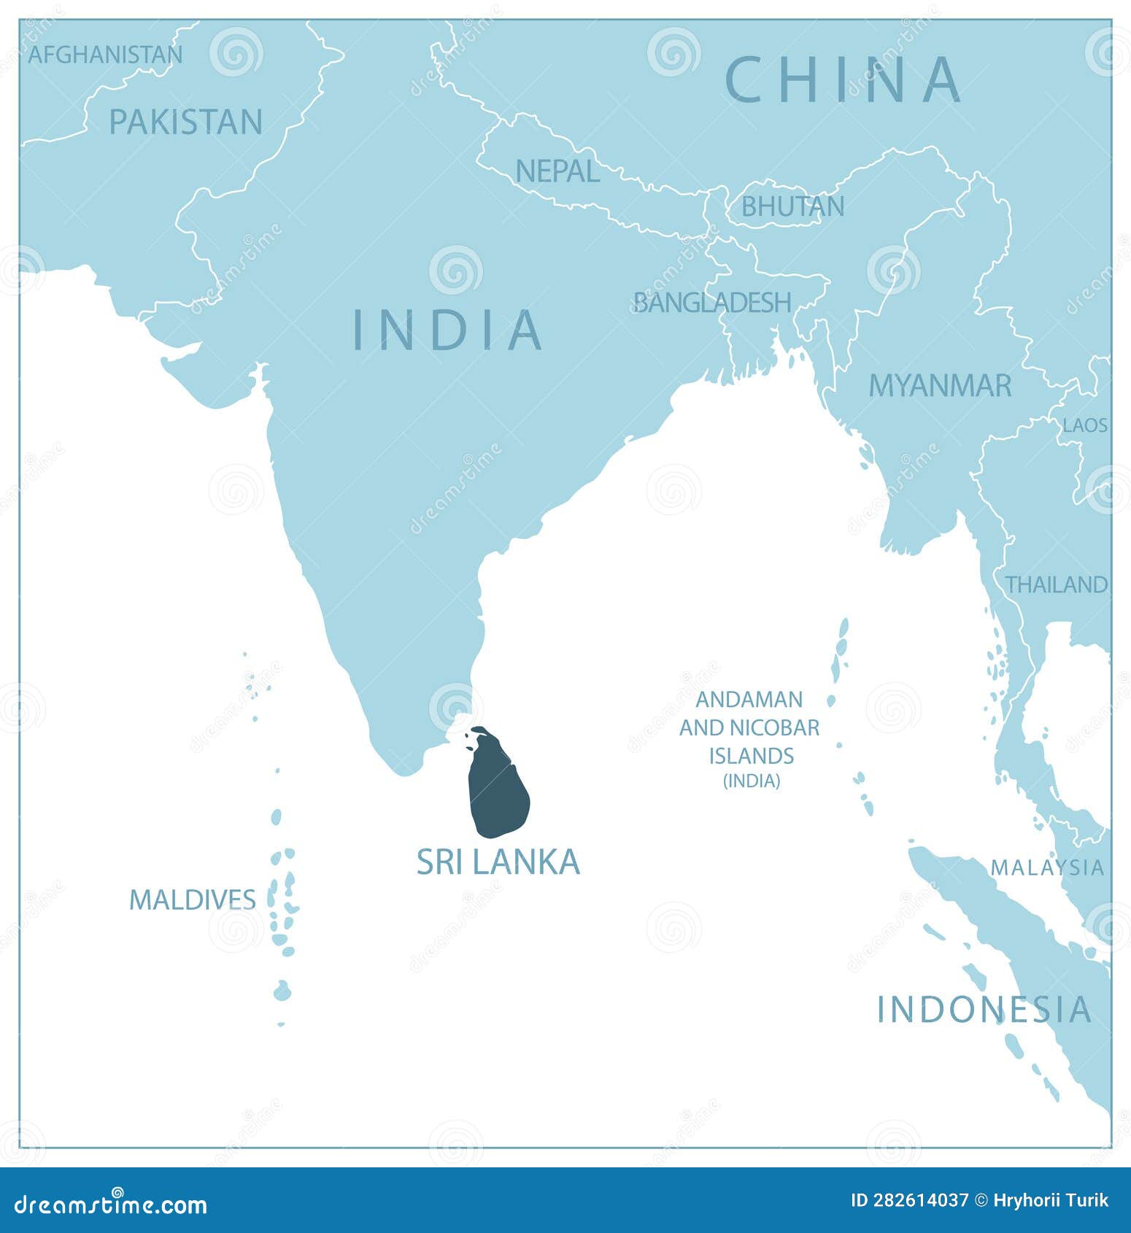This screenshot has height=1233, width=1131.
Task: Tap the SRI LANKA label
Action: (498, 862)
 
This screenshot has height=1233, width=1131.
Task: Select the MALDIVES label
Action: (193, 900)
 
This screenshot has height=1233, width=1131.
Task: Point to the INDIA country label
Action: (447, 330)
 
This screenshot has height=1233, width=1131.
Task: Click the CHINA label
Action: (843, 80)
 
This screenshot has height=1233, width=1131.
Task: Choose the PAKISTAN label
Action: (185, 122)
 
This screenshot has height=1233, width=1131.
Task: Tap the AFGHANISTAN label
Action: (105, 55)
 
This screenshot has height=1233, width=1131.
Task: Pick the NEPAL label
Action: (557, 171)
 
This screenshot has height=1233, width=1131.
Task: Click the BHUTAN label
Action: (792, 206)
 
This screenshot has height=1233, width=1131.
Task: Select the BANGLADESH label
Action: (712, 302)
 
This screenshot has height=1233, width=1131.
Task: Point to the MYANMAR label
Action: (940, 385)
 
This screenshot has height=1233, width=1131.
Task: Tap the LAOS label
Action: (1085, 425)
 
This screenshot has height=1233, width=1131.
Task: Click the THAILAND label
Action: (1057, 584)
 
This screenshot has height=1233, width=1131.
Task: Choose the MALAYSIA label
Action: (1047, 867)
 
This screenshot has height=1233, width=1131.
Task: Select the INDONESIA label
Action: (984, 1009)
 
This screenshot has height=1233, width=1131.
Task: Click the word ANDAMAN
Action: (749, 699)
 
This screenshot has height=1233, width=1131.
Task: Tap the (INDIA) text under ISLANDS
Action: (752, 781)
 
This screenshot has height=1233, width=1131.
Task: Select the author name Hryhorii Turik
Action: (1051, 1201)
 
